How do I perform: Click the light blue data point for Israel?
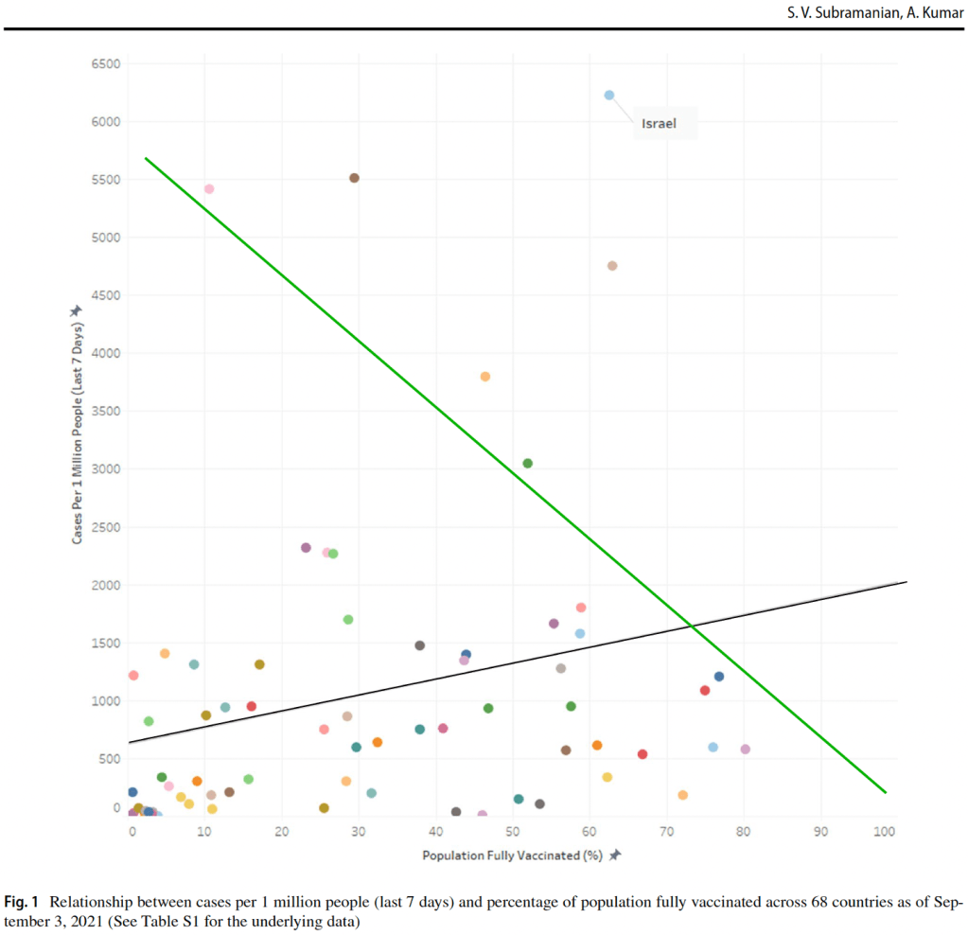pyautogui.click(x=609, y=95)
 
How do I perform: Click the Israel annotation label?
pyautogui.click(x=660, y=123)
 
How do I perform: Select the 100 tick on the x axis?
pyautogui.click(x=884, y=831)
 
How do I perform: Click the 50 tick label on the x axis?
pyautogui.click(x=512, y=831)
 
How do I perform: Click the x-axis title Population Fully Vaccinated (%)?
pyautogui.click(x=513, y=855)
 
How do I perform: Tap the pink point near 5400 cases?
pyautogui.click(x=209, y=189)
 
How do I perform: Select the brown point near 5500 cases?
pyautogui.click(x=354, y=178)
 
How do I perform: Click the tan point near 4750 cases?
pyautogui.click(x=612, y=266)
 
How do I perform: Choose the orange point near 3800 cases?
pyautogui.click(x=485, y=377)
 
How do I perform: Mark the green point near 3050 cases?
pyautogui.click(x=527, y=463)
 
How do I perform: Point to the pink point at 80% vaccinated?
pyautogui.click(x=745, y=750)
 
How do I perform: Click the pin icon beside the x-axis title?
pyautogui.click(x=614, y=855)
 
